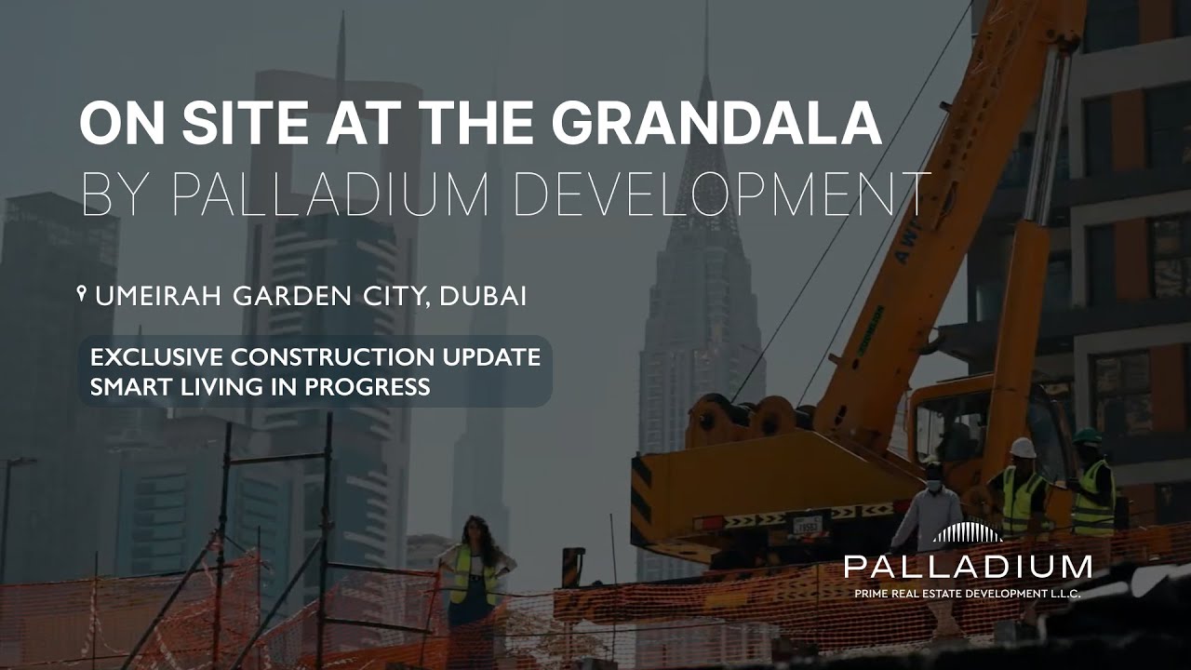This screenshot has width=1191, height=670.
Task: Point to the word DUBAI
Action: (483, 297)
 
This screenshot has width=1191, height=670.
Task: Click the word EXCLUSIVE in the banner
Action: (157, 358)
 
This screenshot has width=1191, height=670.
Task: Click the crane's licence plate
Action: (808, 525)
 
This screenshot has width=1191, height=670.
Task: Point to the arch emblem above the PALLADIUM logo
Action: (968, 532)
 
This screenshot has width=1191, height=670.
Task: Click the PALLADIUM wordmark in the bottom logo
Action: (968, 567)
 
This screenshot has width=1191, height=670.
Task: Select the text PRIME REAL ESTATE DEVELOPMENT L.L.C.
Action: (968, 593)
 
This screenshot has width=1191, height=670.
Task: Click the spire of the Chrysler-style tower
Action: (705, 56)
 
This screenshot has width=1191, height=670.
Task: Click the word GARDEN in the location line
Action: (285, 297)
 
